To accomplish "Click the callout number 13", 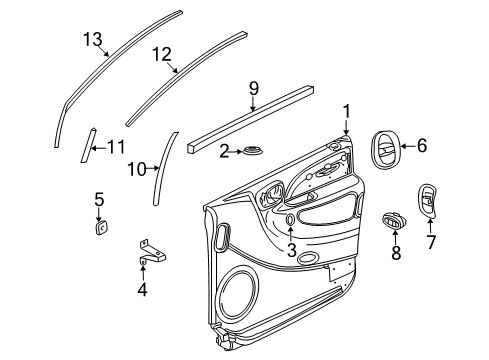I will pyautogui.click(x=92, y=39).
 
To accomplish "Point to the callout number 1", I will pyautogui.click(x=346, y=111).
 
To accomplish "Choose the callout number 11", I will pyautogui.click(x=116, y=146).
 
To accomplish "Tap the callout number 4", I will pyautogui.click(x=142, y=291).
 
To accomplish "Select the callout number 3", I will pyautogui.click(x=290, y=250).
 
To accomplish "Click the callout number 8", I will pyautogui.click(x=395, y=254).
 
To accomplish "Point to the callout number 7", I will pyautogui.click(x=432, y=243).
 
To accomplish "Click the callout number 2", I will pyautogui.click(x=225, y=150).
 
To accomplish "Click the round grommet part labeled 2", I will pyautogui.click(x=254, y=152).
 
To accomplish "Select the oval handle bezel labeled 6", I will pyautogui.click(x=385, y=148).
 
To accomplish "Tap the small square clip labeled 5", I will pyautogui.click(x=100, y=227).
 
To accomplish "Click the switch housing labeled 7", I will pyautogui.click(x=427, y=203).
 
